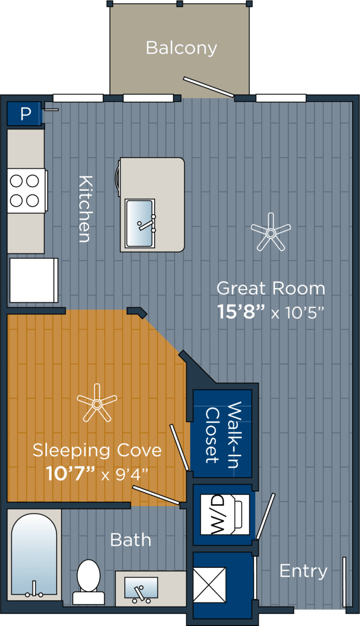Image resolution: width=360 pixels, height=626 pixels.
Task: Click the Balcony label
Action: coord(181,48)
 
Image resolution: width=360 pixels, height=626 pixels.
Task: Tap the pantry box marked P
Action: coord(24,114)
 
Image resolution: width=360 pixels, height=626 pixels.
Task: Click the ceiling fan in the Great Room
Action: coord(270,232)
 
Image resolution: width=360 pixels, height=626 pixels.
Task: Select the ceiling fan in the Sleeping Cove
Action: coord(97,403)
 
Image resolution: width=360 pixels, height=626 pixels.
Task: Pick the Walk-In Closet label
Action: coord(223,434)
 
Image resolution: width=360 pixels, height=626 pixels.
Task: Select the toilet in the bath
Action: coord(89,581)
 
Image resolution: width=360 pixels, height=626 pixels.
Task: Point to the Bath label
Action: coord(130,540)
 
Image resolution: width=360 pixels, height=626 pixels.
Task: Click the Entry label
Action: coord(303,571)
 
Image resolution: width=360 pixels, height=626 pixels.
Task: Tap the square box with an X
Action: coord(209,584)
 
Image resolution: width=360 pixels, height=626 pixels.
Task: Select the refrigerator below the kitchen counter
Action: coord(33,280)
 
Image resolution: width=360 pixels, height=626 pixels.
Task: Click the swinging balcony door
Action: coord(208,87)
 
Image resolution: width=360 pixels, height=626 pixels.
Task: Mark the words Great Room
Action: coord(270,288)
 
